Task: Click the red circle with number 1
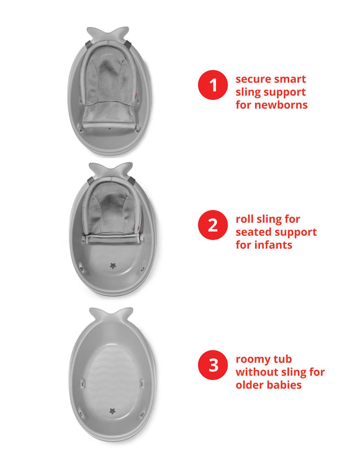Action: tap(213, 86)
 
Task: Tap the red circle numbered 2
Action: tap(213, 225)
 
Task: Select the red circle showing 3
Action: tap(213, 365)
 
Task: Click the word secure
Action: tap(254, 79)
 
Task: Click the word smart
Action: tap(290, 79)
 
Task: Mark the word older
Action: tap(251, 385)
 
